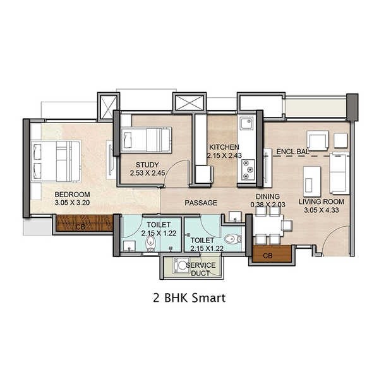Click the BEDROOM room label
[72, 194]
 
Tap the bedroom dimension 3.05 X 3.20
[72, 203]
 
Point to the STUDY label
[147, 164]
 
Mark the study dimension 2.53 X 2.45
[147, 172]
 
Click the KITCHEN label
[225, 147]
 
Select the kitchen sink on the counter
[246, 122]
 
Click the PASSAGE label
[201, 203]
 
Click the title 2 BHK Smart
[189, 297]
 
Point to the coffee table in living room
[310, 179]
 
